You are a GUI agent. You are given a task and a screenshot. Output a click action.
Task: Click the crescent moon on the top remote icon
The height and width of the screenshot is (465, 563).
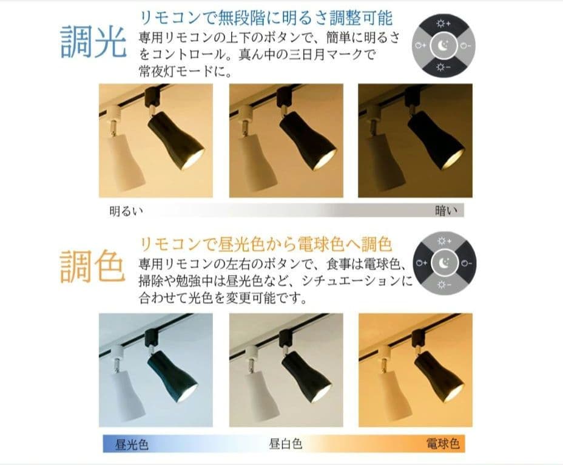(x=443, y=45)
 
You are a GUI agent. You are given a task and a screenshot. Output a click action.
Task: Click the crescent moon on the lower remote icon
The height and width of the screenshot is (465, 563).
(x=443, y=263)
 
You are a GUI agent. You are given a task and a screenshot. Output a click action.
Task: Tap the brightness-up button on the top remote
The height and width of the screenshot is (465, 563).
(x=443, y=24)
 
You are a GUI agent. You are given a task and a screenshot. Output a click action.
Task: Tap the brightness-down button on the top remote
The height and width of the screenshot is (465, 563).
(x=443, y=66)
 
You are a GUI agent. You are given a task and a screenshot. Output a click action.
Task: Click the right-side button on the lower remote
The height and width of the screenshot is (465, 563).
(x=465, y=263)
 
